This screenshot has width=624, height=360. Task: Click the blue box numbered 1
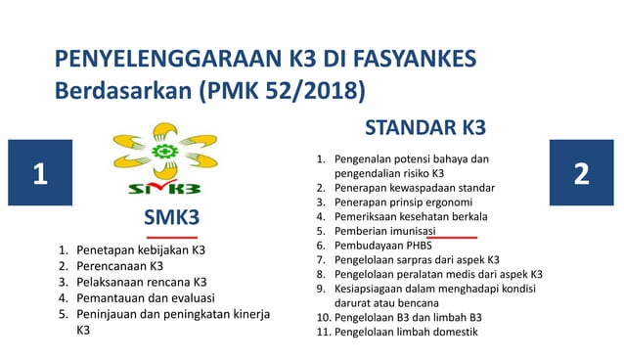coord(39,175)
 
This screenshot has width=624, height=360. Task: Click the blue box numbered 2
coord(583,175)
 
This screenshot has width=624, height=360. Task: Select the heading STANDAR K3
coord(424,128)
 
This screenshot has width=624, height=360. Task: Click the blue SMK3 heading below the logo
coord(172,216)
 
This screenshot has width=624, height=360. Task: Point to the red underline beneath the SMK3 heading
coord(172,237)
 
